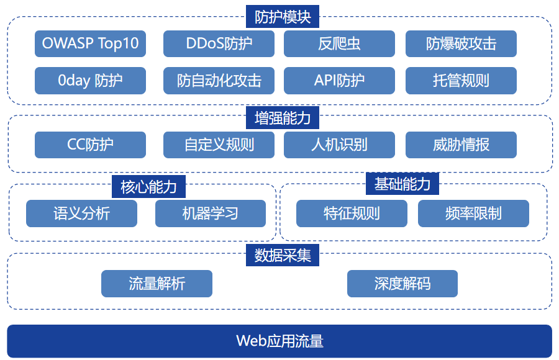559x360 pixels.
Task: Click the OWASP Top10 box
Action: pos(90,43)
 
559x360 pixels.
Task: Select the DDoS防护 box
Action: pos(219,43)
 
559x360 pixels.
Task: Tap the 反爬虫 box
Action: pos(339,43)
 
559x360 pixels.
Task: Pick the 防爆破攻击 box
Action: pos(461,43)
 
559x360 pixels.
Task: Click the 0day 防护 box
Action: pos(90,81)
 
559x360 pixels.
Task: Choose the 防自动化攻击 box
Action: pos(219,81)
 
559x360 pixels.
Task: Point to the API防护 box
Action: pos(339,81)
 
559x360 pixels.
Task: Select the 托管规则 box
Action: pos(461,81)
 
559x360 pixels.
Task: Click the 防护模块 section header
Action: pos(283,16)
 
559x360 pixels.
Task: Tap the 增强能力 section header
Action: pos(283,117)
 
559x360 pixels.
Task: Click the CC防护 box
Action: pos(90,145)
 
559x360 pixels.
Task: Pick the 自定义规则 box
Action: pos(219,145)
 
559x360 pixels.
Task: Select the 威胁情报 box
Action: pos(461,145)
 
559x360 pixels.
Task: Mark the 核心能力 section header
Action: pos(148,186)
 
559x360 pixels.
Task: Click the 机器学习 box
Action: pos(211,213)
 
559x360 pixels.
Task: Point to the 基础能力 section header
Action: pos(402,184)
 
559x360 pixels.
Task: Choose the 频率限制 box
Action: pos(473,213)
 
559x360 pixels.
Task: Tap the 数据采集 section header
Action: pos(283,255)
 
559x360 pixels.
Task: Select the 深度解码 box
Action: pos(402,284)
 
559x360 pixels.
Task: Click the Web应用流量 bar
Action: pos(279,341)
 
